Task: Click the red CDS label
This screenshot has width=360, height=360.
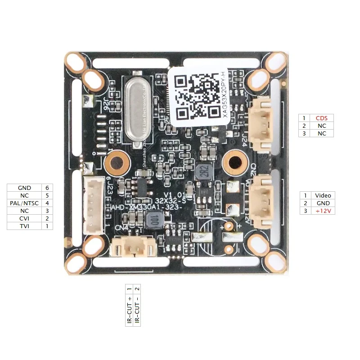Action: point(322,118)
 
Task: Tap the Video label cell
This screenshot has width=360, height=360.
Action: point(323,195)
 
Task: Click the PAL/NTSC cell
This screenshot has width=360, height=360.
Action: point(24,203)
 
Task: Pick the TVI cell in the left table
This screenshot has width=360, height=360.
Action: point(24,226)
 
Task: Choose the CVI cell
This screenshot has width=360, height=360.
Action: point(24,218)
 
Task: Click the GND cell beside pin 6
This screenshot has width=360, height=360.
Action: point(24,188)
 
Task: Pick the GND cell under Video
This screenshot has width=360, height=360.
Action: point(323,203)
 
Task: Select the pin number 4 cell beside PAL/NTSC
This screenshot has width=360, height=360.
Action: point(47,203)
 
